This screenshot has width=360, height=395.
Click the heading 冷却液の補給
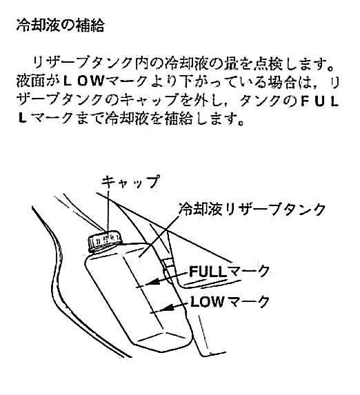[x=60, y=26]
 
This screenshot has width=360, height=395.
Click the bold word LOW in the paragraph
[x=83, y=82]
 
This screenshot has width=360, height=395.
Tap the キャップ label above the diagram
[x=130, y=181]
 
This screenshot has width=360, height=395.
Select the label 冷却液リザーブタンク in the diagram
[x=252, y=209]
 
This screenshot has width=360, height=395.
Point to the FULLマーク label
[x=229, y=272]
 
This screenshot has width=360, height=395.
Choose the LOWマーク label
[x=230, y=301]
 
